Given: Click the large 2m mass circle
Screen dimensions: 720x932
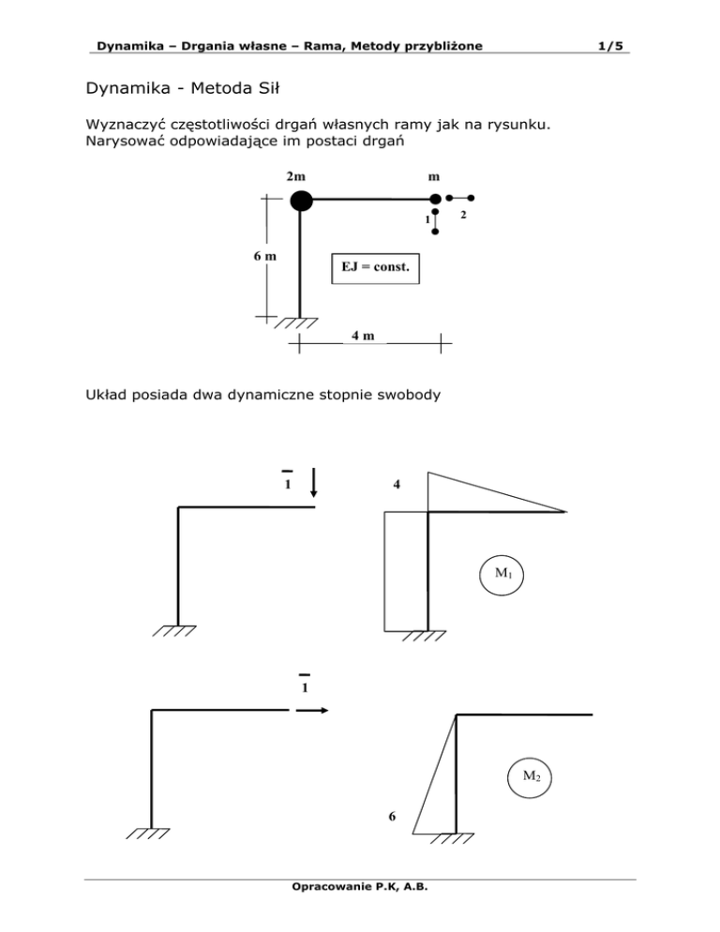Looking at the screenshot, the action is (x=302, y=201).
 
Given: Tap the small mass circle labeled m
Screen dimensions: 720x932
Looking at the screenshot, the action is (x=435, y=199).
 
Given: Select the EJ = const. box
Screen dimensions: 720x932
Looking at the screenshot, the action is (x=375, y=269).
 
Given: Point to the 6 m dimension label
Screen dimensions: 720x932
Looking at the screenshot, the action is (x=264, y=256).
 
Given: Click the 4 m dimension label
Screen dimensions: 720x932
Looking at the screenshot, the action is (x=363, y=336).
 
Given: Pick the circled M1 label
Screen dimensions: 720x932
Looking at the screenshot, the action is (x=502, y=574).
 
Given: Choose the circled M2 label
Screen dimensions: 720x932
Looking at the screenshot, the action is (x=530, y=777).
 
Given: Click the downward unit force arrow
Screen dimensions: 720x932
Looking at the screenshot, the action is (x=314, y=482).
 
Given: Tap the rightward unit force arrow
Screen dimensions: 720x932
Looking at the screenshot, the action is (x=312, y=711).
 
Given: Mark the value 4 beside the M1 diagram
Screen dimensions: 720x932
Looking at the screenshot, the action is (x=397, y=485).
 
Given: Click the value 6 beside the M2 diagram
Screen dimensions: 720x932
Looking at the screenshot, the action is (x=392, y=817).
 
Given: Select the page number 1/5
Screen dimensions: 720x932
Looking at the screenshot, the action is (x=610, y=46).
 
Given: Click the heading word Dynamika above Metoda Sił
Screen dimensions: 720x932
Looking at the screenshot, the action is (x=128, y=88).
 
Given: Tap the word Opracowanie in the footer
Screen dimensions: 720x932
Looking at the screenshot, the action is (x=331, y=887).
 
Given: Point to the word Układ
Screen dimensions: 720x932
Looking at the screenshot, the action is (x=106, y=395).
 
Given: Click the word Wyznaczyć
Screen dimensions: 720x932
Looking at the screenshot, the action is (x=126, y=125).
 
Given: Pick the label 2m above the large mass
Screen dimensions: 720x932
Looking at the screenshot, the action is (x=295, y=176).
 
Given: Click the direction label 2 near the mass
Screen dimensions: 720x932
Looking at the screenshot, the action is (x=463, y=215).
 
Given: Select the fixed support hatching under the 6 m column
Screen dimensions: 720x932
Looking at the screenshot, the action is (x=296, y=323).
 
